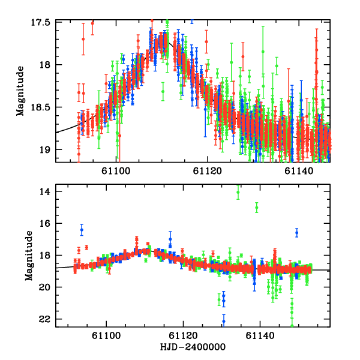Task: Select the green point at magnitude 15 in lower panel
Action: click(257, 208)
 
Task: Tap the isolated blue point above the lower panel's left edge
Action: click(82, 230)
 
